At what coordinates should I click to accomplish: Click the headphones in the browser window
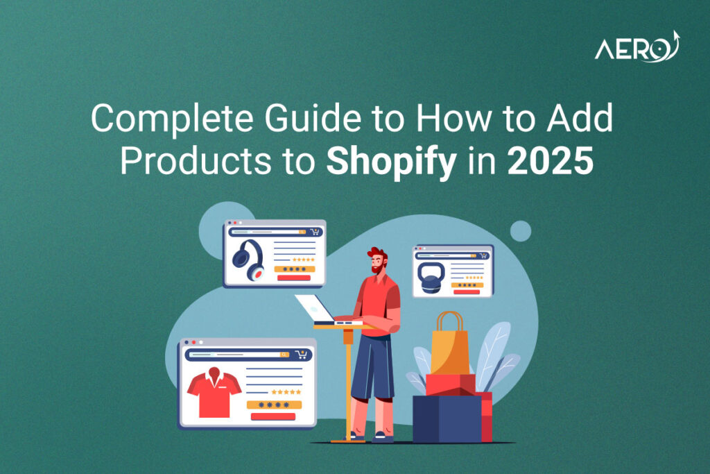click(249, 259)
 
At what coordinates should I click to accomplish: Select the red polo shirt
click(214, 392)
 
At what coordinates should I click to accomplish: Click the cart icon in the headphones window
click(315, 232)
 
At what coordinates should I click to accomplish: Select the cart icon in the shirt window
click(301, 354)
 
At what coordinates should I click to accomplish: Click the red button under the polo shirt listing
click(272, 416)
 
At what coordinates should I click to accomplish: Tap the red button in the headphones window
click(293, 278)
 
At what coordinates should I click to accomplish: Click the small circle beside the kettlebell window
click(520, 231)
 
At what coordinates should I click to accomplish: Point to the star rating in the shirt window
click(286, 391)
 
